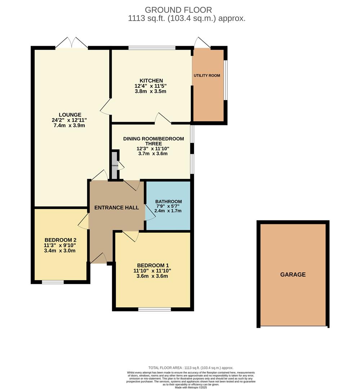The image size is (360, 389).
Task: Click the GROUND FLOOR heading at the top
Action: click(178, 10)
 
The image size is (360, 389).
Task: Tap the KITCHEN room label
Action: click(151, 80)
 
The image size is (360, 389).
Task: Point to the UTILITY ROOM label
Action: click(207, 76)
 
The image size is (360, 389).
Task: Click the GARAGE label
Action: click(293, 274)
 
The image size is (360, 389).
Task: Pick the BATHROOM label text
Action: click(168, 201)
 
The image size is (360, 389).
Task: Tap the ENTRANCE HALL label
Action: click(116, 207)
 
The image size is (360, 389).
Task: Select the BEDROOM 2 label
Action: click(60, 240)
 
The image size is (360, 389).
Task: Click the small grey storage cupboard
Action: click(114, 166)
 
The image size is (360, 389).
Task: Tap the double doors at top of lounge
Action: click(71, 43)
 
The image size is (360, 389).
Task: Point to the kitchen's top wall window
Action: click(152, 48)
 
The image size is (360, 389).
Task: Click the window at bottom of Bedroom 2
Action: click(53, 282)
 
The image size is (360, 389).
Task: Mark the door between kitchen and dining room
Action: click(163, 119)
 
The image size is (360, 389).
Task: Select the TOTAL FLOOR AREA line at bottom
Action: click(191, 368)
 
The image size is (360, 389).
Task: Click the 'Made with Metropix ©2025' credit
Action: click(191, 387)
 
